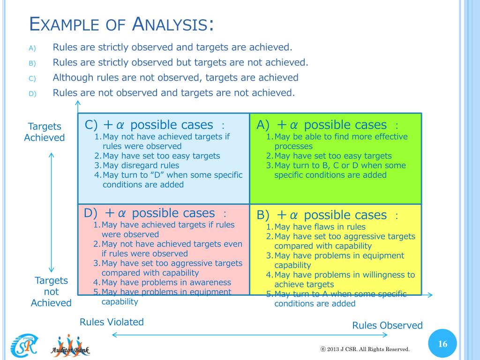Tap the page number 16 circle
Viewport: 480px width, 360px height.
(442, 344)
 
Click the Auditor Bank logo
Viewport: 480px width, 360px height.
(70, 346)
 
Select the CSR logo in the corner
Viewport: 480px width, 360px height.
(24, 346)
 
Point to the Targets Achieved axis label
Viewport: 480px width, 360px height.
(45, 132)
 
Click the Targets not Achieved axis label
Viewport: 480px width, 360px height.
(51, 292)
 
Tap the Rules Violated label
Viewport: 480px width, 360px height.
(112, 322)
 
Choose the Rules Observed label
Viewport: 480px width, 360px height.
(387, 325)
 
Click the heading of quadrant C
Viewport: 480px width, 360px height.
(155, 125)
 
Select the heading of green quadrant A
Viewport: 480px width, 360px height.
(327, 125)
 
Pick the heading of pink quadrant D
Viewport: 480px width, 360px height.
(155, 213)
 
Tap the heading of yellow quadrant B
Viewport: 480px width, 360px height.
(327, 215)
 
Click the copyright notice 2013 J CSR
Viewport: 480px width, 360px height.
(365, 349)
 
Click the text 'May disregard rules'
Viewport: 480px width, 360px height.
(141, 165)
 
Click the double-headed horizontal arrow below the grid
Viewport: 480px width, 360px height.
(250, 335)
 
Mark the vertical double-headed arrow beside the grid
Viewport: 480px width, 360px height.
(51, 212)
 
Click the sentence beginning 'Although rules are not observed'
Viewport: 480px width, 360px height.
(175, 77)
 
